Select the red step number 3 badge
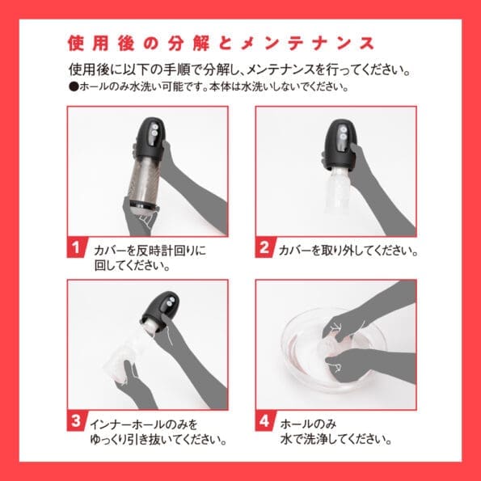(x=76, y=422)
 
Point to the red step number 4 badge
(x=264, y=422)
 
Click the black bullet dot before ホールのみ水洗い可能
(x=74, y=86)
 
